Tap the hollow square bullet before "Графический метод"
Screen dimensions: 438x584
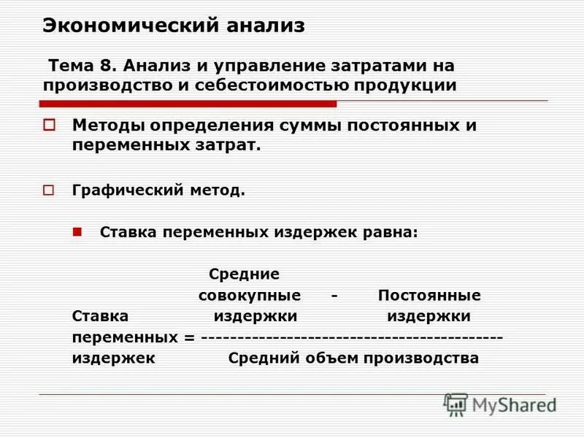click(49, 191)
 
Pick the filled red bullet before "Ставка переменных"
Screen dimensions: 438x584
click(78, 231)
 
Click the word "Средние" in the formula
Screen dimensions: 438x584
click(245, 275)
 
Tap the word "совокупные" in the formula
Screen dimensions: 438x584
click(250, 296)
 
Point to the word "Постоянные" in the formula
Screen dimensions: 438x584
click(429, 296)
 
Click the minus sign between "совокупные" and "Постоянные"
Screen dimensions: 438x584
click(333, 296)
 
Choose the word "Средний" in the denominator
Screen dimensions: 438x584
click(261, 358)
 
